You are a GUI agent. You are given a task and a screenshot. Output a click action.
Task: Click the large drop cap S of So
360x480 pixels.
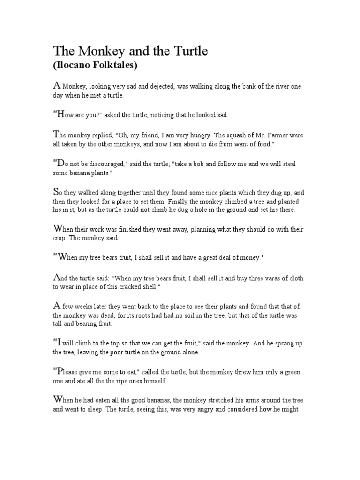tap(57, 192)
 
